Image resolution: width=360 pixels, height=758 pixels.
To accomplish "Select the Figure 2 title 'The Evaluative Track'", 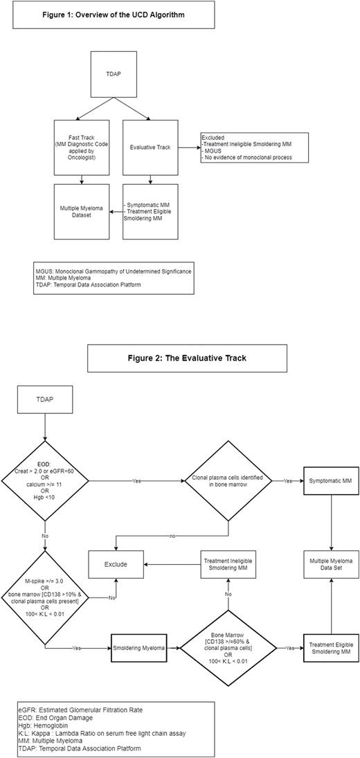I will pyautogui.click(x=187, y=358).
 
